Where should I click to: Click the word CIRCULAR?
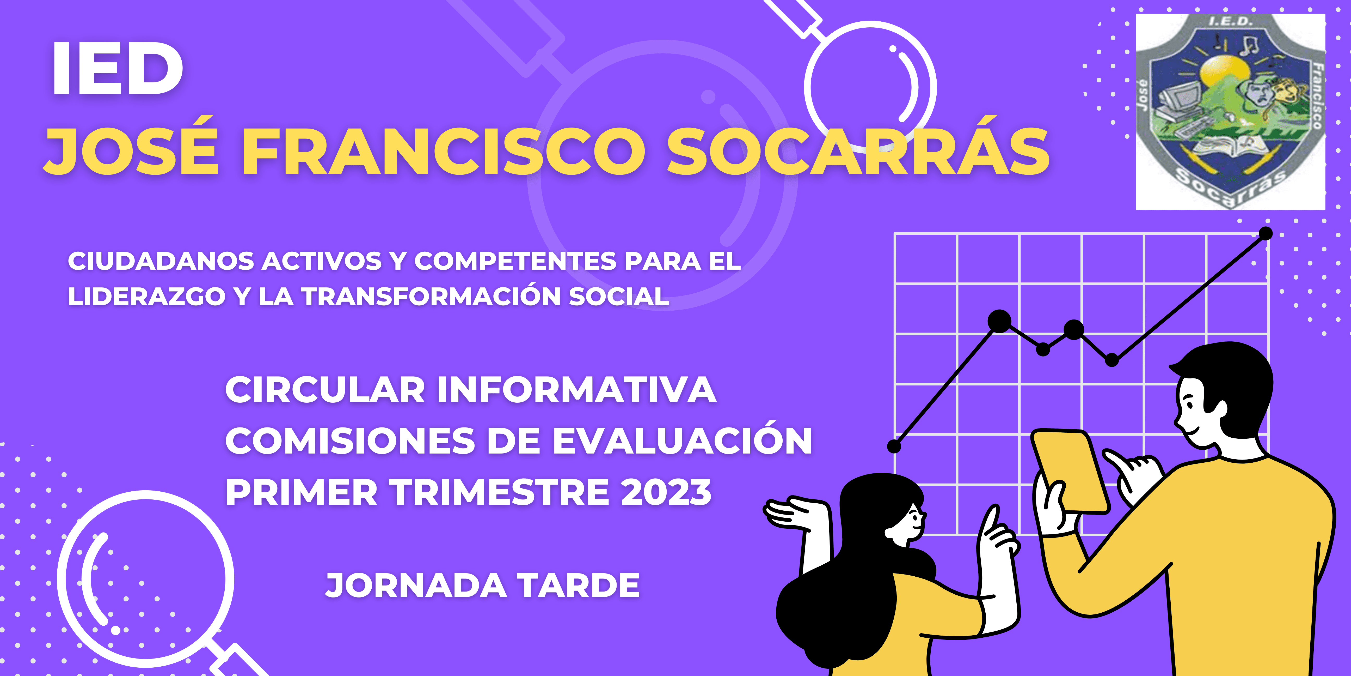click(325, 390)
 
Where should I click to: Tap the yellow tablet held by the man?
click(1070, 470)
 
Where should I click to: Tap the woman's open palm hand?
click(792, 512)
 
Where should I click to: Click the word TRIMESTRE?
click(501, 492)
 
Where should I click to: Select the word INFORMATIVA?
click(577, 390)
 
